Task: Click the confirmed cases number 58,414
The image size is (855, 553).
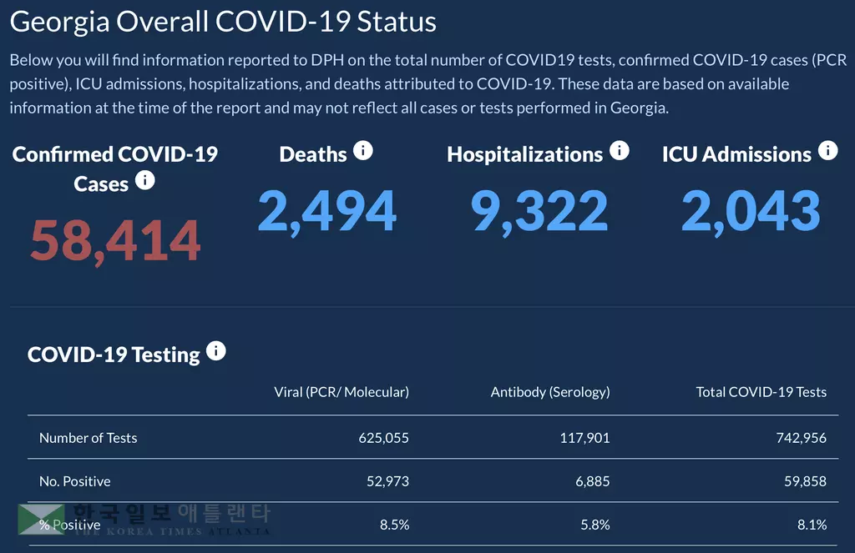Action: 115,240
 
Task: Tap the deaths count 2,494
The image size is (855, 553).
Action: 326,211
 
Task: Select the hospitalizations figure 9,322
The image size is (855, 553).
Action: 539,211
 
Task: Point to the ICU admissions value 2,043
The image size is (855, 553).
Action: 751,211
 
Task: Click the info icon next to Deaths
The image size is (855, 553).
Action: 362,150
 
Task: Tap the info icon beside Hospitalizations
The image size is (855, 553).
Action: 619,150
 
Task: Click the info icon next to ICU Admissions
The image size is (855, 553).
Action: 827,150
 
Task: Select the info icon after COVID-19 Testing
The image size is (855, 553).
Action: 215,350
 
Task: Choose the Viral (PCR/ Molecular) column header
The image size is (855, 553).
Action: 341,392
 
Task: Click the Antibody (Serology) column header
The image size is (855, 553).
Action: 550,392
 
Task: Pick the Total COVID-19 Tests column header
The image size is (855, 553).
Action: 761,392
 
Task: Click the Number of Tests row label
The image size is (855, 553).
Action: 88,438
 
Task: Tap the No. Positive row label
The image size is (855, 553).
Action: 74,481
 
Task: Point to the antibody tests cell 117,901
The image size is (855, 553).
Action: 584,438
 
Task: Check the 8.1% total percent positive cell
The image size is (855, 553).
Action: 812,525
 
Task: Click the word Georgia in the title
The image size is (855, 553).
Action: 59,22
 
